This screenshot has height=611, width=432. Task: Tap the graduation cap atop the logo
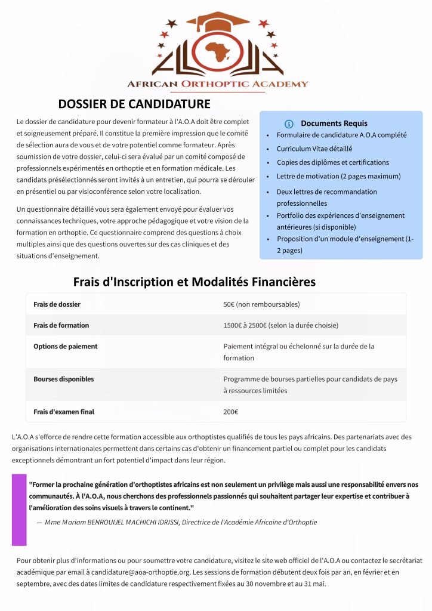coord(217,21)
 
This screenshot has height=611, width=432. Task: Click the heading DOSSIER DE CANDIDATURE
coord(134,104)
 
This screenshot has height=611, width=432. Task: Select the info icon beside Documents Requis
coord(289,124)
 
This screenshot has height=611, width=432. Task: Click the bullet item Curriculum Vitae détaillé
coord(314,149)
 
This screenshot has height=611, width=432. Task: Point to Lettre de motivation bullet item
coord(338,177)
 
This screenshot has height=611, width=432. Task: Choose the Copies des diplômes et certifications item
coord(332,162)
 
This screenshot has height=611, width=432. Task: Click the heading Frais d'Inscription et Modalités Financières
coord(195,282)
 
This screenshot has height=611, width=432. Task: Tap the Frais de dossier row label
coord(57,304)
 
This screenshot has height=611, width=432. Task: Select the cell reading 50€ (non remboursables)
coord(261,304)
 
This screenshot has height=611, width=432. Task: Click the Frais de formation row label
coord(61,325)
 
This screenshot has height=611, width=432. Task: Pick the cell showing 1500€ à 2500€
coord(280,325)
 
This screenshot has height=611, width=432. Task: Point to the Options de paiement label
coord(65,346)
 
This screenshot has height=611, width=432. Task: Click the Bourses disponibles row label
coord(63,379)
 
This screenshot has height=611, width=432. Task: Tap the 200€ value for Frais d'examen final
coord(230,412)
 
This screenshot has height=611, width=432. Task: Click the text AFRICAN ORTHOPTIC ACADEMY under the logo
coord(217,84)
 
